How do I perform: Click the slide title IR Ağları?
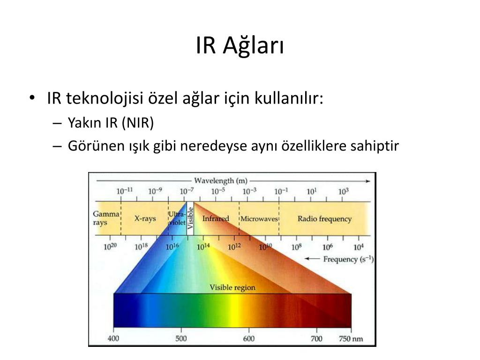point(240,46)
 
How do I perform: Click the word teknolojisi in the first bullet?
point(105,98)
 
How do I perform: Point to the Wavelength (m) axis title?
point(220,180)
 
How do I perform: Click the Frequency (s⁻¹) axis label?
point(348,259)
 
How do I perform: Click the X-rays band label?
point(145,218)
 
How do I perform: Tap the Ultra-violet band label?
point(177,218)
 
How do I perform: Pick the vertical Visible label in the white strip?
point(190,218)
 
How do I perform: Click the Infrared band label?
point(216,218)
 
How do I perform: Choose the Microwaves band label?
point(259,219)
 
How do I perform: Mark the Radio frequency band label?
point(324,218)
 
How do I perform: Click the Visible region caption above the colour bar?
point(232,287)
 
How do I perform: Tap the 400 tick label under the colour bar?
point(113,338)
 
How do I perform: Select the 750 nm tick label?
point(351,338)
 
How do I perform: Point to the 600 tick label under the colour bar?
point(248,338)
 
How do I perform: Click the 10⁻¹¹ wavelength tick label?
point(125,191)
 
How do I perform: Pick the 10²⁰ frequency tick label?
point(110,247)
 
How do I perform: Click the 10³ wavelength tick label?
point(343,191)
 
